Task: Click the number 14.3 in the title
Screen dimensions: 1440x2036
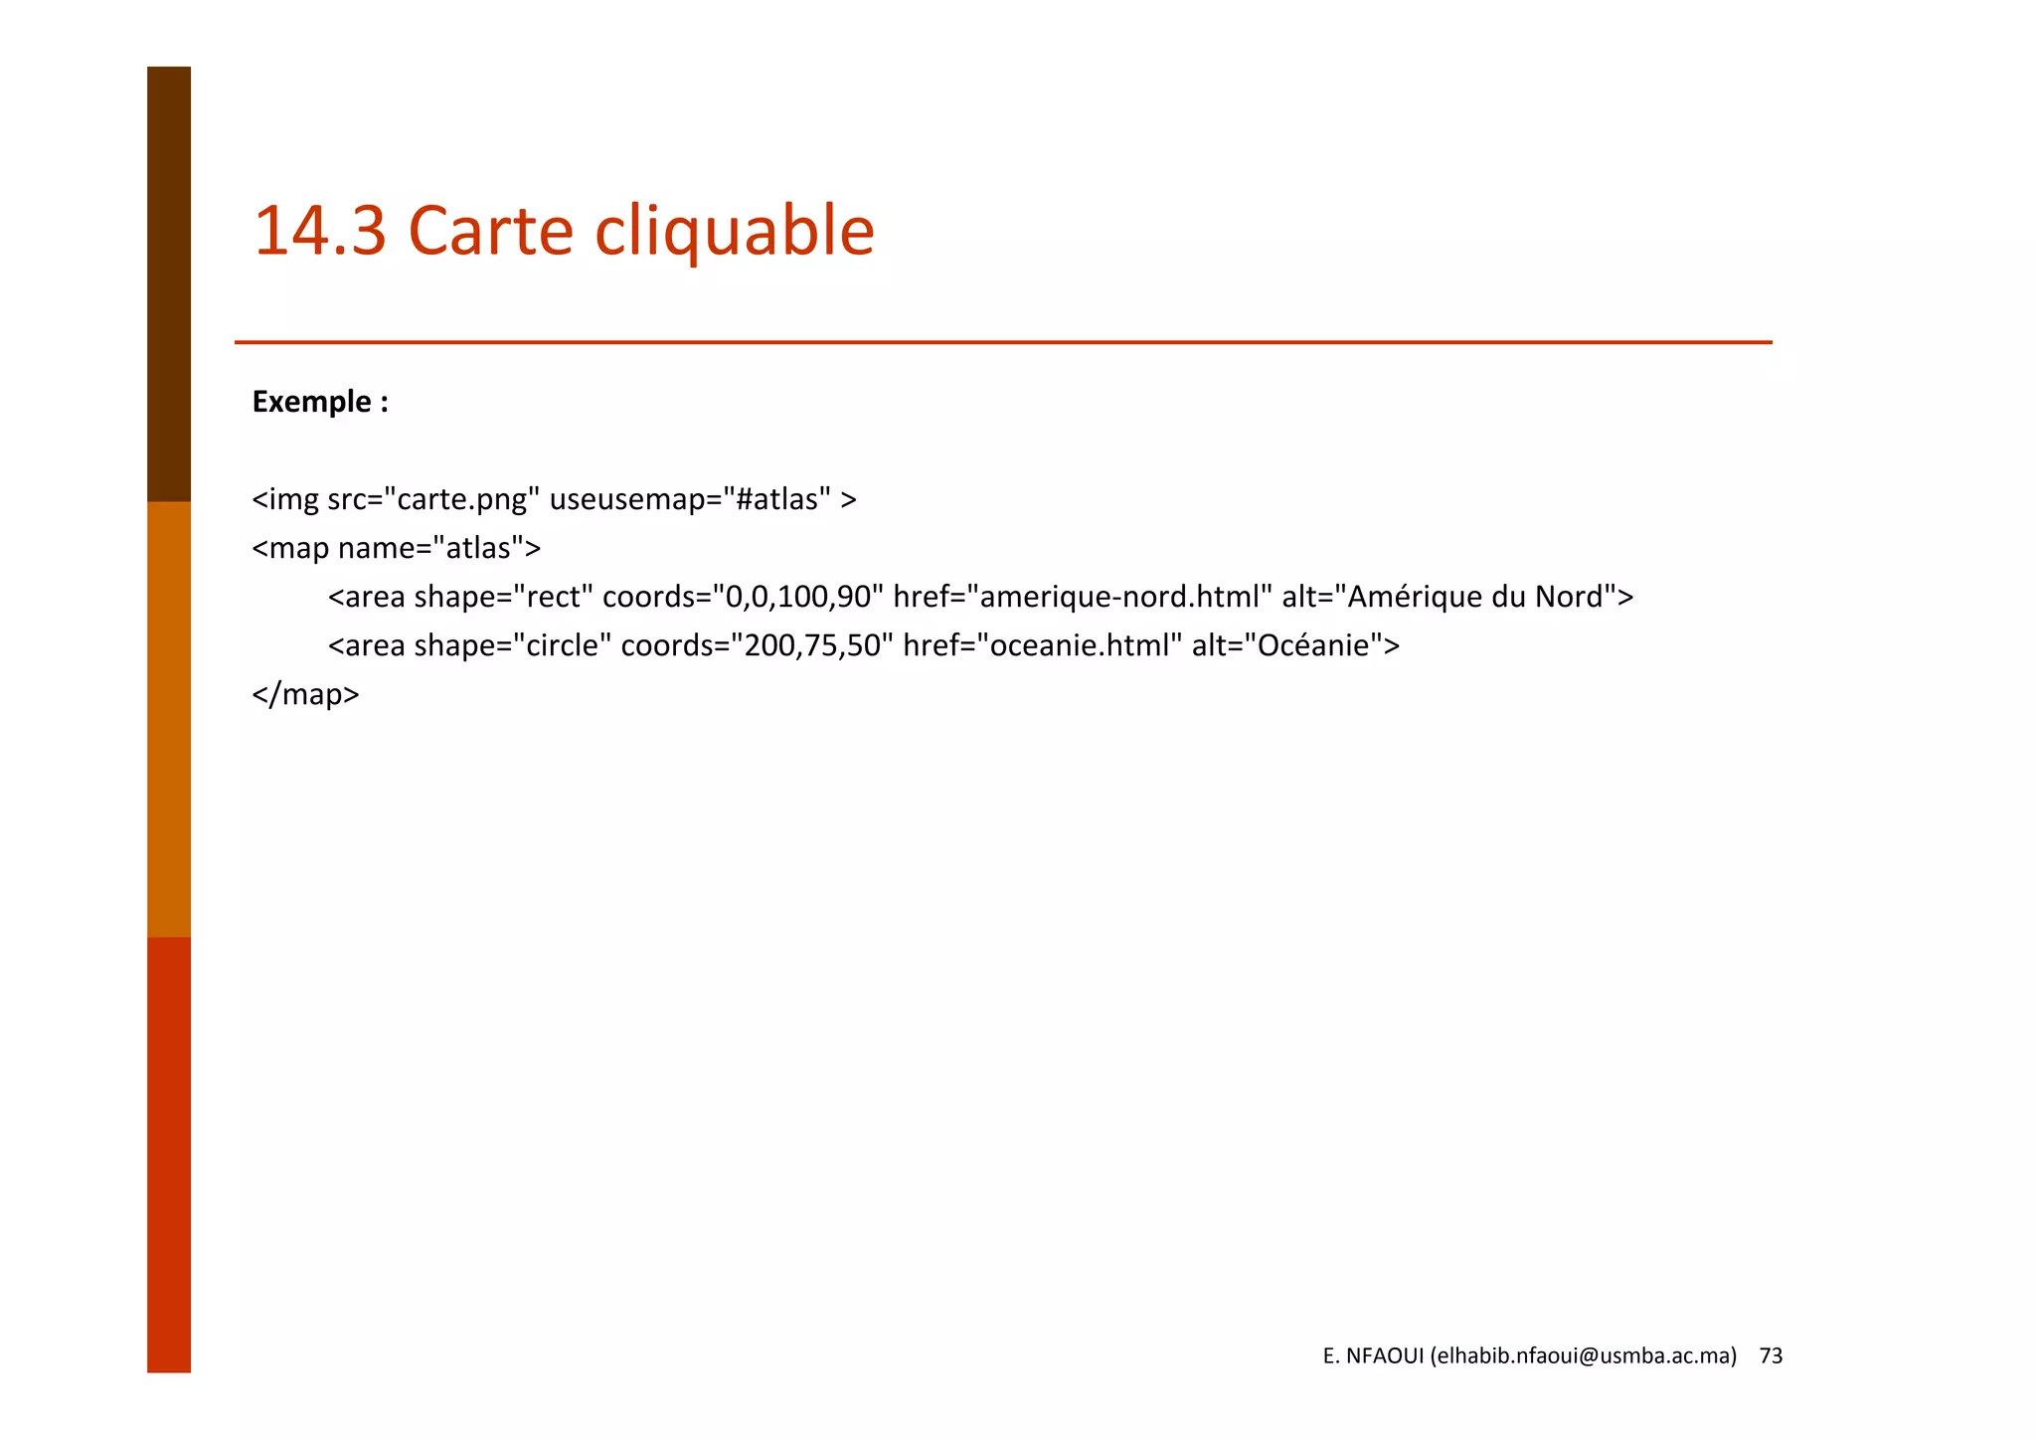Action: click(x=319, y=231)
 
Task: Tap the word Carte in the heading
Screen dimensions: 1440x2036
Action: click(x=490, y=231)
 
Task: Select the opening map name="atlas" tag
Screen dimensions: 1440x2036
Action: click(x=396, y=548)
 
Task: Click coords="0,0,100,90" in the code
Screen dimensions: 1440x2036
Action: click(x=743, y=597)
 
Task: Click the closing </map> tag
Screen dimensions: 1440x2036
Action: click(x=305, y=694)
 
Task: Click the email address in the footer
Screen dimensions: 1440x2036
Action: click(x=1583, y=1355)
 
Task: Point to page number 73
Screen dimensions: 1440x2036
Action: click(x=1771, y=1355)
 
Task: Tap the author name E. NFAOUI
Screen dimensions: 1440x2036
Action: click(x=1373, y=1355)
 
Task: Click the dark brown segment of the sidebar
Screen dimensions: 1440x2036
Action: click(x=169, y=283)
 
